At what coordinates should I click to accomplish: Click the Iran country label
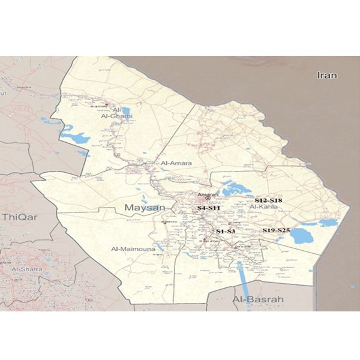coord(328,76)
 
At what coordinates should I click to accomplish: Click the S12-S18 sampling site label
coord(268,199)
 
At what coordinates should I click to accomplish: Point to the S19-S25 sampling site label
coord(276,230)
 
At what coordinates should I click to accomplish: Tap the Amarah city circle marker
coord(208,199)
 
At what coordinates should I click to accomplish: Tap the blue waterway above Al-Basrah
coord(240,276)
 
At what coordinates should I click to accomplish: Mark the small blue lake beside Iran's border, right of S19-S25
coord(328,223)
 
